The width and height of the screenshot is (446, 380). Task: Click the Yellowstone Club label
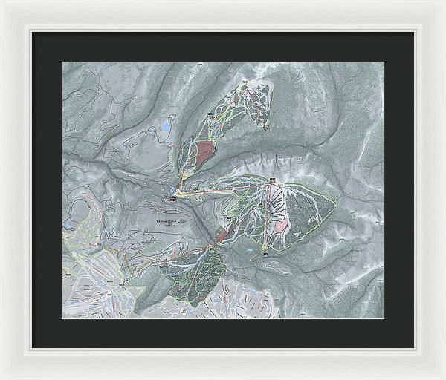click(x=172, y=223)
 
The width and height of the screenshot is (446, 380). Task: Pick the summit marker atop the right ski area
click(x=273, y=180)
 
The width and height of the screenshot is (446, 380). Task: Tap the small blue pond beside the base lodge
click(x=172, y=191)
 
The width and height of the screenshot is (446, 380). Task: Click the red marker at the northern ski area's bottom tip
click(x=265, y=128)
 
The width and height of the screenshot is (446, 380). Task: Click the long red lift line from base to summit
click(x=223, y=190)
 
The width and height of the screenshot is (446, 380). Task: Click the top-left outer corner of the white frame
click(x=1, y=1)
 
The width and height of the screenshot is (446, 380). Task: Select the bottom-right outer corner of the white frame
click(x=444, y=378)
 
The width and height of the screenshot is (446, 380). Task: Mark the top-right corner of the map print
click(x=384, y=62)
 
